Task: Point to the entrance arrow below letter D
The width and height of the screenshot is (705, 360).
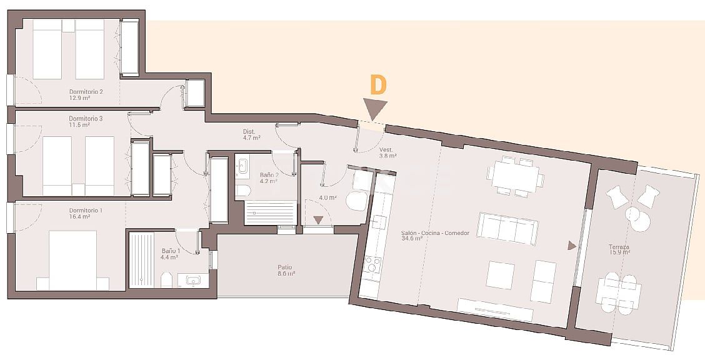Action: tap(376, 109)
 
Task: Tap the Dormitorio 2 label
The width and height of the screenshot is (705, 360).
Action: tap(86, 94)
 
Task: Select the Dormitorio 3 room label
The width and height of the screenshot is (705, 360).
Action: tap(86, 121)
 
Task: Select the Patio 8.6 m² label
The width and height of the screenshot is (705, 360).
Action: tap(286, 270)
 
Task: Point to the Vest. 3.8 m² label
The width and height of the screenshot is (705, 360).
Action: tap(387, 153)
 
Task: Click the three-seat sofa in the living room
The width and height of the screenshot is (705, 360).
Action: tap(507, 228)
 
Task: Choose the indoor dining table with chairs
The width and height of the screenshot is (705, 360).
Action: tap(517, 177)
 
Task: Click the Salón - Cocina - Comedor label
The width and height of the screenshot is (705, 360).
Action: tap(435, 236)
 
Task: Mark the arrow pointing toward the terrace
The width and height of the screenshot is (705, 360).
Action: tap(571, 246)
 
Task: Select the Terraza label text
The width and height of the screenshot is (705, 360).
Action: tap(619, 249)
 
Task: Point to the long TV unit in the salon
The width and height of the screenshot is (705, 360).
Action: tap(494, 310)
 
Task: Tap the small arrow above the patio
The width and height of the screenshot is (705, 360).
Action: tap(319, 219)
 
